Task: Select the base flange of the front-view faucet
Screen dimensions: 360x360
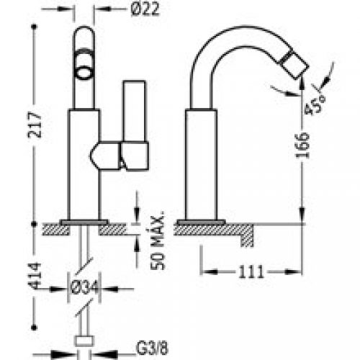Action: point(84,220)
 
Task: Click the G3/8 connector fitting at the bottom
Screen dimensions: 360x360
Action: point(85,343)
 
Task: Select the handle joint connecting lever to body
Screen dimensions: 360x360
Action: point(108,154)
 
